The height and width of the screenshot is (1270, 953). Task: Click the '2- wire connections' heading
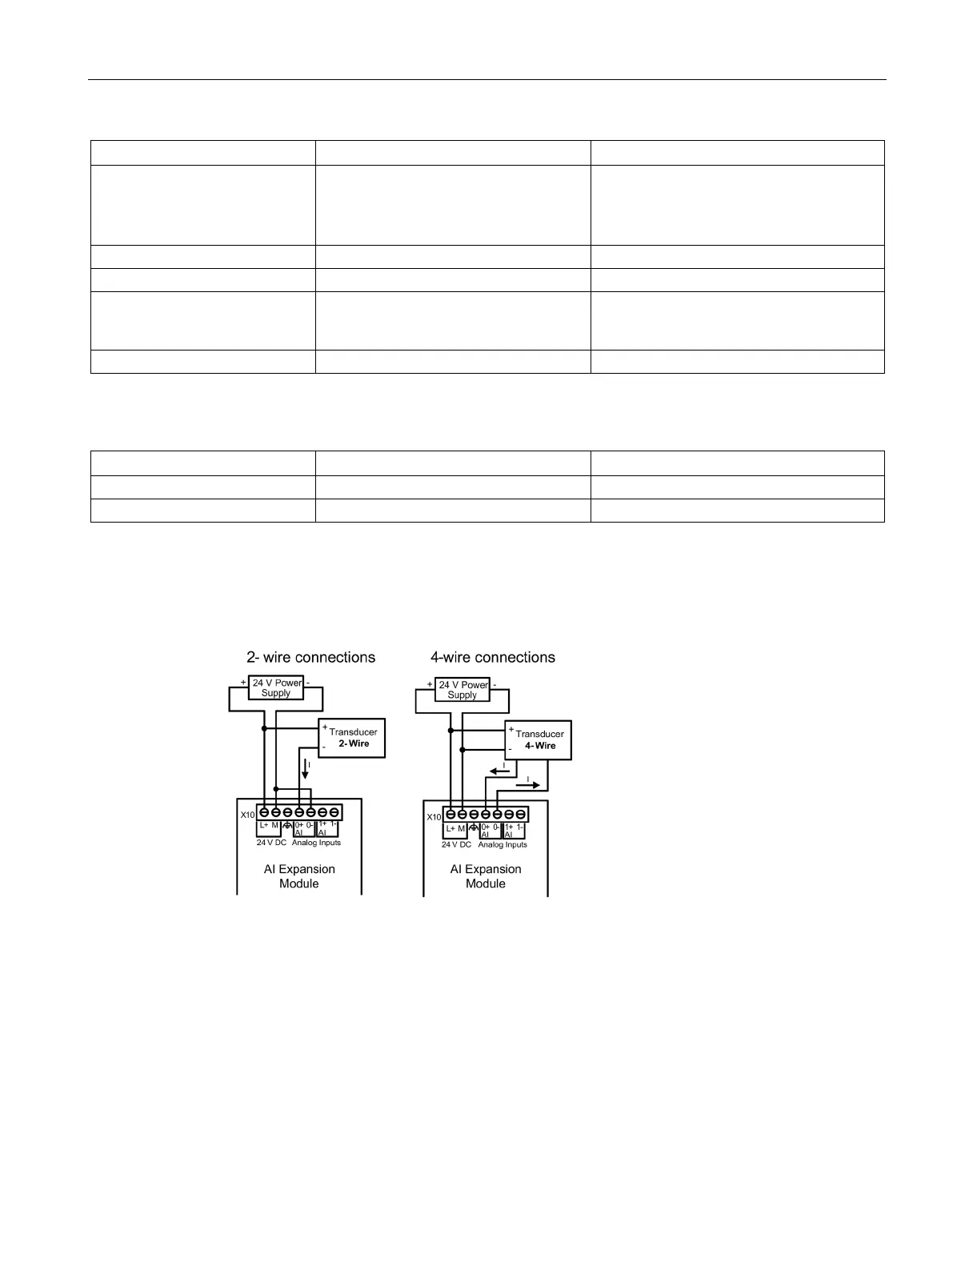(x=310, y=658)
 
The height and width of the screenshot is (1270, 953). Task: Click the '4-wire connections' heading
(x=493, y=658)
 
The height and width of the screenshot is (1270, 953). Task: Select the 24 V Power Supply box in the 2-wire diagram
(x=276, y=687)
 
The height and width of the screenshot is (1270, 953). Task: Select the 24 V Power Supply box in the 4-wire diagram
(x=462, y=689)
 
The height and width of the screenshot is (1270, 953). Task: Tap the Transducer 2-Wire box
(x=353, y=737)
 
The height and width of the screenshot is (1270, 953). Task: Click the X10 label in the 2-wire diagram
(x=247, y=815)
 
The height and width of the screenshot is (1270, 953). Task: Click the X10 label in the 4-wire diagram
(x=434, y=817)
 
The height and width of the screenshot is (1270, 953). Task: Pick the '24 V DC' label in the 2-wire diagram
(x=271, y=843)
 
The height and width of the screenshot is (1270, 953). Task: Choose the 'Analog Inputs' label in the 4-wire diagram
(x=503, y=844)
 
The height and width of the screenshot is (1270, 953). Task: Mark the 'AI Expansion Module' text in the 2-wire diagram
(x=299, y=876)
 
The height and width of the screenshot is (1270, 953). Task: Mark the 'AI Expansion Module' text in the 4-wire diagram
(x=486, y=876)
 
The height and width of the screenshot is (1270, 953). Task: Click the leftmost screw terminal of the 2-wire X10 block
(x=264, y=812)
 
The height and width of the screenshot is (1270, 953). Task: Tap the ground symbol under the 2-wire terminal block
(x=287, y=826)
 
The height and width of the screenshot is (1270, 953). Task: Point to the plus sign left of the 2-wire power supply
(x=243, y=683)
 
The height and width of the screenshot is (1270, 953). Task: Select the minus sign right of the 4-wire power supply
(x=495, y=684)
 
